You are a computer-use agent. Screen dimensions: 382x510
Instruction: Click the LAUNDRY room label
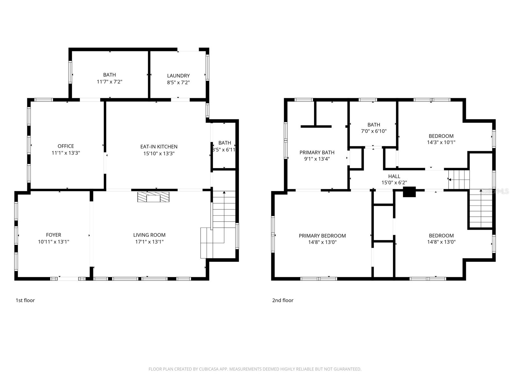(x=178, y=76)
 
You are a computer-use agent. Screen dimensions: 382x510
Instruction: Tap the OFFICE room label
(x=66, y=146)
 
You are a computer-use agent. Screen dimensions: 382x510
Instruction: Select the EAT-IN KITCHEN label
(x=159, y=147)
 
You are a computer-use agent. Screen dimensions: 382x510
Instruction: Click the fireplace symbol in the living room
(x=153, y=197)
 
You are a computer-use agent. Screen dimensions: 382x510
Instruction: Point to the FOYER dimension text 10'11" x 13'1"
(x=54, y=242)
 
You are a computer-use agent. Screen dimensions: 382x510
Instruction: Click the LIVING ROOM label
(x=149, y=235)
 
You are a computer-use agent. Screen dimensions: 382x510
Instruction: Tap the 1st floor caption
(x=25, y=300)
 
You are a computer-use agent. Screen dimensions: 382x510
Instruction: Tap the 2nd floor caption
(x=283, y=300)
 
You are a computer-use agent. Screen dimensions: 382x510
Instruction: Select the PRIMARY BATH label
(x=317, y=152)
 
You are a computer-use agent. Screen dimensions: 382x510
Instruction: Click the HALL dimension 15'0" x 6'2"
(x=394, y=183)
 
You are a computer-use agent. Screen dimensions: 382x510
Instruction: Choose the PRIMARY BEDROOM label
(x=322, y=236)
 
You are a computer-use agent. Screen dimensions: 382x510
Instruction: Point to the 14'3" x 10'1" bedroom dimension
(x=441, y=142)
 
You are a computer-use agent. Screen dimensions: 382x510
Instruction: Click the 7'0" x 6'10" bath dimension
(x=374, y=131)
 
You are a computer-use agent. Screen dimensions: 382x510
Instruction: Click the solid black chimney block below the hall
(x=409, y=192)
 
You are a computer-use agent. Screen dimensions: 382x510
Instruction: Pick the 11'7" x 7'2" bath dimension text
(x=109, y=81)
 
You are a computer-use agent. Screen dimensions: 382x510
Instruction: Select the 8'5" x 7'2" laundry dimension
(x=178, y=82)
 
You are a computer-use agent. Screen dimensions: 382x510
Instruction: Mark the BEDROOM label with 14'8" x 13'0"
(x=441, y=236)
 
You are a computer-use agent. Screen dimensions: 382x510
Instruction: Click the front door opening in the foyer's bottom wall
(x=68, y=279)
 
